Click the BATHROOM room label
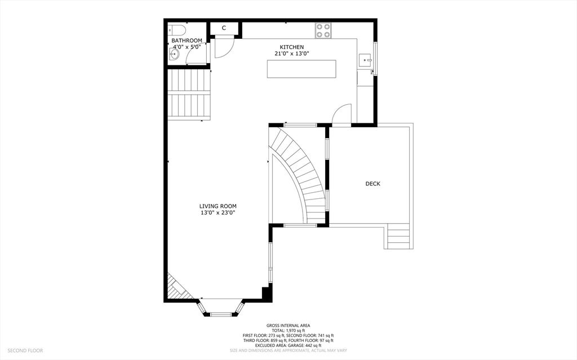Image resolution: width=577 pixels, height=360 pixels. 187,41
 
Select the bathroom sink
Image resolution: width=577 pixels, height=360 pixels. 174,55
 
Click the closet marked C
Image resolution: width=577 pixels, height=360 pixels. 224,28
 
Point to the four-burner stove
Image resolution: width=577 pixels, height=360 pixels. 323,30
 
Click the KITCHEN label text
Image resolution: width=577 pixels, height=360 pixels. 292,47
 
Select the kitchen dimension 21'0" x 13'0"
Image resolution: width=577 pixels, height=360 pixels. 292,54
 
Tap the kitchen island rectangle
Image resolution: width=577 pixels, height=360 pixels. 301,69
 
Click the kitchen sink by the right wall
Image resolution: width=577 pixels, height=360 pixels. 365,59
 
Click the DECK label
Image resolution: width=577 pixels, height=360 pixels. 372,184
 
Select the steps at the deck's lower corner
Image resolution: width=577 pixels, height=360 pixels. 398,237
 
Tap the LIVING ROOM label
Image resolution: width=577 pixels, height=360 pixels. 217,206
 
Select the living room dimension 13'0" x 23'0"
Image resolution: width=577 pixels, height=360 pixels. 217,213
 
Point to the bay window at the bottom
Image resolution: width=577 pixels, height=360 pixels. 221,310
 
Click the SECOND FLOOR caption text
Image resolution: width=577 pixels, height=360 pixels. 25,350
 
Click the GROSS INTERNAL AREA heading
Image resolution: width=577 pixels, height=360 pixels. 288,326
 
